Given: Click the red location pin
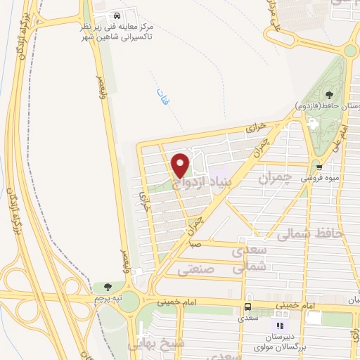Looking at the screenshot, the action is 181,165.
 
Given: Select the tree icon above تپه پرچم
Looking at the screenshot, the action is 107,286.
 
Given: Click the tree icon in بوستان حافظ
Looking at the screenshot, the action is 330,95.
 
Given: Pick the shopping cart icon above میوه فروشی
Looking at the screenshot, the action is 319,167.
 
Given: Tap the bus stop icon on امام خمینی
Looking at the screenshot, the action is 247,307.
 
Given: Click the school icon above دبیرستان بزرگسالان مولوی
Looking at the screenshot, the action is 279,326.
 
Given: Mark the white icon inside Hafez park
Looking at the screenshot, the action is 314,124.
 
